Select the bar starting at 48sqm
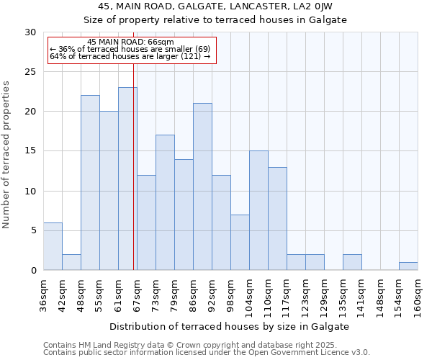point(90,183)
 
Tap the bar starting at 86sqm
point(202,186)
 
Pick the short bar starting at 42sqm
point(71,262)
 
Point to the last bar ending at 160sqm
point(408,266)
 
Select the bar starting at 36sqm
point(53,246)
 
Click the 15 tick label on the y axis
point(30,151)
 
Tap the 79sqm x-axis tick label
point(174,295)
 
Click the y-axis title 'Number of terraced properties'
point(6,155)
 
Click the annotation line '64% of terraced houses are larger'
point(130,56)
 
